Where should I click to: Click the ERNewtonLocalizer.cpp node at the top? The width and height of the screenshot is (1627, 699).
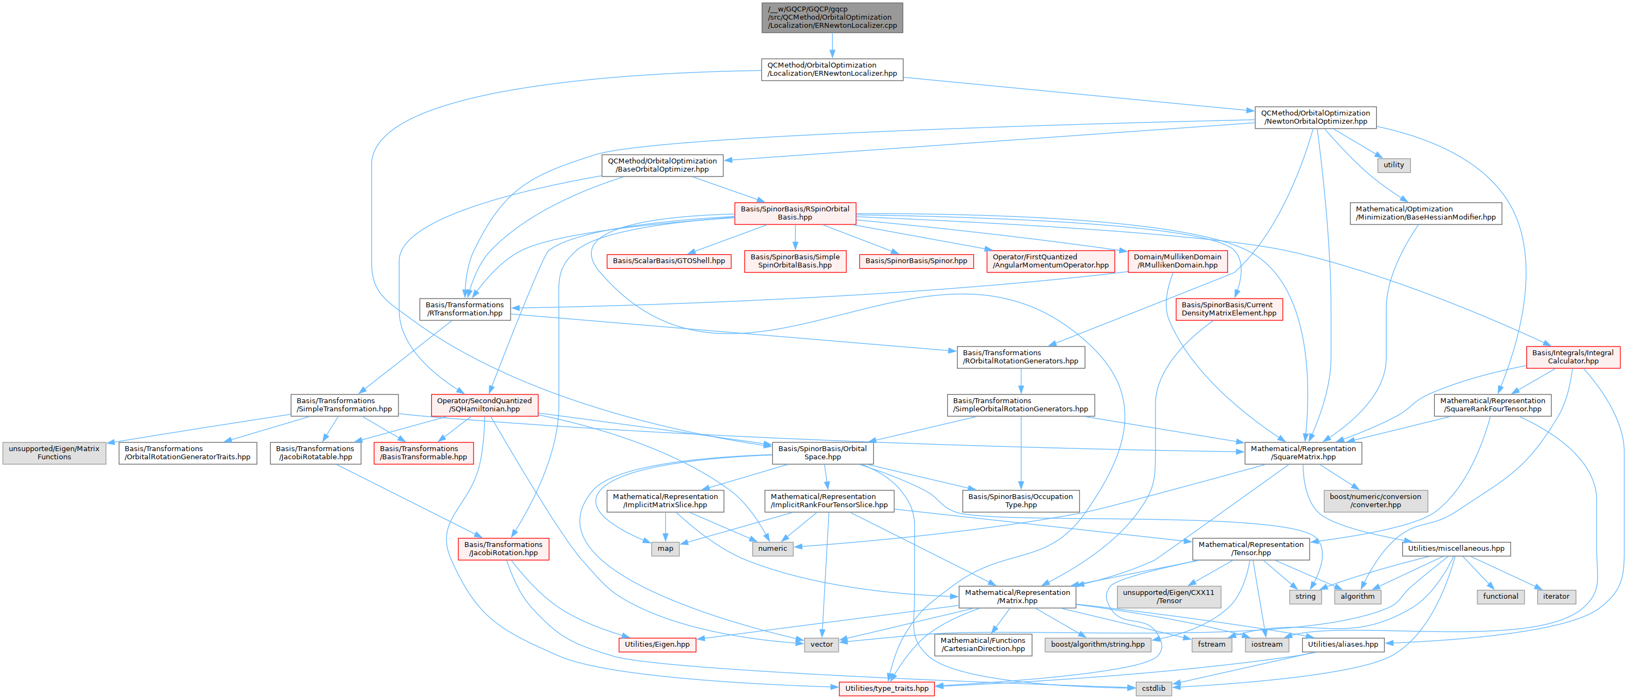point(832,17)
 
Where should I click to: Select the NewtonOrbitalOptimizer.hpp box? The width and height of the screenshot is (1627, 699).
point(1315,117)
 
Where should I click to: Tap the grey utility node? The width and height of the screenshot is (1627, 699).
point(1393,165)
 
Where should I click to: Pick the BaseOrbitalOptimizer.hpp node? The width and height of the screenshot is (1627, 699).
point(662,165)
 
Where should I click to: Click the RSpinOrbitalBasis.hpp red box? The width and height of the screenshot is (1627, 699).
point(795,213)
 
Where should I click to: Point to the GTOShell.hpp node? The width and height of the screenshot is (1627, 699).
point(668,261)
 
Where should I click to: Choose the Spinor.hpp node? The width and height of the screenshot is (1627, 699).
point(916,261)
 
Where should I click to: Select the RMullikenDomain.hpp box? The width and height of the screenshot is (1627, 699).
point(1177,261)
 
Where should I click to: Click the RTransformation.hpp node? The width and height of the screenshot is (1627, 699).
point(464,309)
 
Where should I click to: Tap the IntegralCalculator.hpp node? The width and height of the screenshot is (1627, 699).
point(1573,357)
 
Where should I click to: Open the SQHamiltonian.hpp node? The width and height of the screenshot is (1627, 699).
point(484,405)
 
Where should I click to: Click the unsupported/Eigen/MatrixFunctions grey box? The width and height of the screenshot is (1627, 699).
point(54,453)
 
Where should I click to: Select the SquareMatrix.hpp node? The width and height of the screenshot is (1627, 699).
point(1303,453)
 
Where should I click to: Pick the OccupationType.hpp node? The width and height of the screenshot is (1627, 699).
point(1020,501)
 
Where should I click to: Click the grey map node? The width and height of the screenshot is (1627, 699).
point(665,549)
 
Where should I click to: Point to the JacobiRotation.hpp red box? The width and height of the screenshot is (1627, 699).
point(504,549)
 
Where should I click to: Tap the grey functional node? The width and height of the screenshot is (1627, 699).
point(1500,597)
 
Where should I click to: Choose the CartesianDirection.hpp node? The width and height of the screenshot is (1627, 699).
point(982,645)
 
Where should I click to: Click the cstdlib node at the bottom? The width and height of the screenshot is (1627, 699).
point(1153,688)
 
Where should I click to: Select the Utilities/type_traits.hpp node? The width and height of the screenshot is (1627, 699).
point(886,688)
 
